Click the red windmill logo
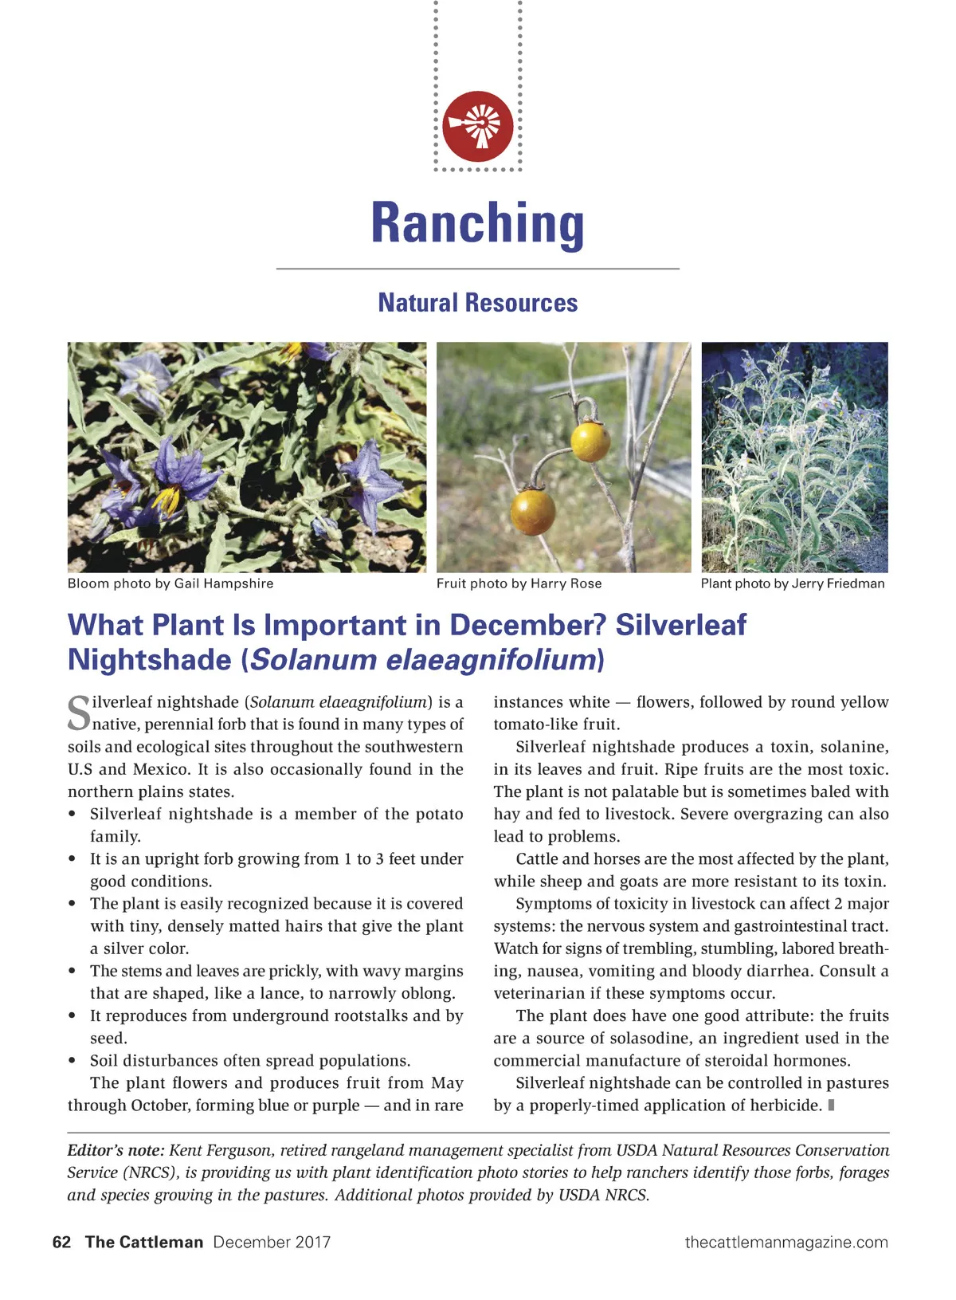[478, 126]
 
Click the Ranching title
[478, 223]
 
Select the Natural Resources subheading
[478, 303]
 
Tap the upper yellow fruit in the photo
[590, 441]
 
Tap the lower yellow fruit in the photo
[533, 512]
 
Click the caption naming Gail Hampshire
[170, 583]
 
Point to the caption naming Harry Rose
[519, 583]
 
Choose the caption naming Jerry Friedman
[793, 583]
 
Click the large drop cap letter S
[79, 713]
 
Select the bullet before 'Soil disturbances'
[72, 1061]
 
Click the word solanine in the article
[851, 747]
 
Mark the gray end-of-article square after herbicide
[831, 1105]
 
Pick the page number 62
[61, 1242]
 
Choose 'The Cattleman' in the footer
[144, 1242]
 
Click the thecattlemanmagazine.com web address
[786, 1242]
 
